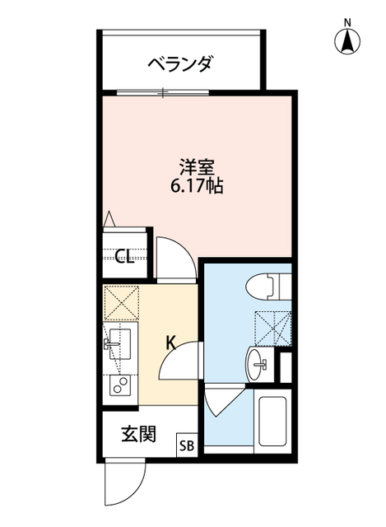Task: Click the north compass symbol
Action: click(348, 39)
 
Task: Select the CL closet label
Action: click(124, 258)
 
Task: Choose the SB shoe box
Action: click(186, 446)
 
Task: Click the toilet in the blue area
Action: click(267, 287)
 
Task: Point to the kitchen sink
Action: click(121, 342)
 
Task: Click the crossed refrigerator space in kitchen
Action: click(122, 302)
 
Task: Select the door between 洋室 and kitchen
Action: click(176, 257)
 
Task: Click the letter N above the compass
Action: click(348, 21)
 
